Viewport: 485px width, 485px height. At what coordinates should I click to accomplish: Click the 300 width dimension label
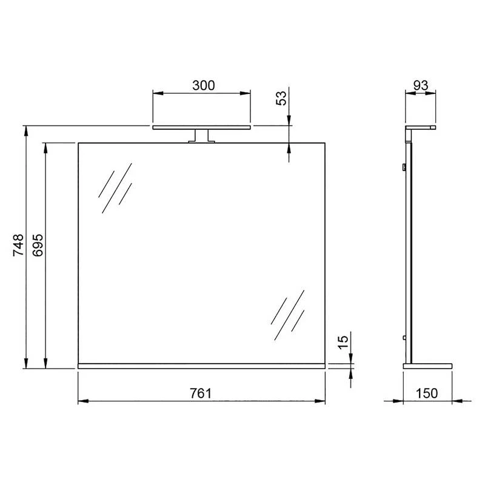203,85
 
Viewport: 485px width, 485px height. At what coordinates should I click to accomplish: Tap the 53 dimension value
281,98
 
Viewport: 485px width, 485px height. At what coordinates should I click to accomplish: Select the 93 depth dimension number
421,85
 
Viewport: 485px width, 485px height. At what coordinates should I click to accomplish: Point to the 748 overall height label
18,245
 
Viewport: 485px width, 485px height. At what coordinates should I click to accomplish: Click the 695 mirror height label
38,245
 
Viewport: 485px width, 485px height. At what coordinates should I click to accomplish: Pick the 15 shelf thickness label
343,343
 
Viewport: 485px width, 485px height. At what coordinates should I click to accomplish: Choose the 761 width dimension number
201,393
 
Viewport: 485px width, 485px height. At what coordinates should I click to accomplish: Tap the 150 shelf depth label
427,393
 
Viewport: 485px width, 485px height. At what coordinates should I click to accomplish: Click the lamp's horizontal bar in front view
201,127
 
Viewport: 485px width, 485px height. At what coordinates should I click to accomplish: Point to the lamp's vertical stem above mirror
201,136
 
